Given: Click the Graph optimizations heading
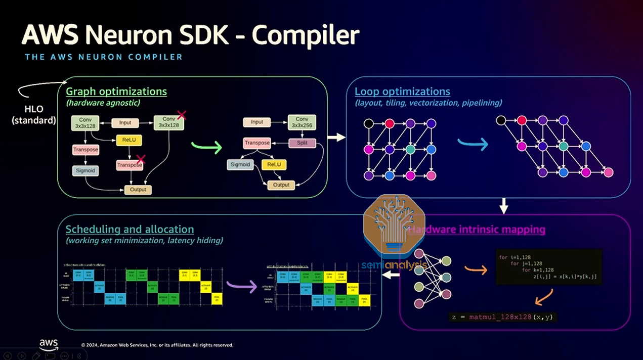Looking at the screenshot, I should pos(116,92).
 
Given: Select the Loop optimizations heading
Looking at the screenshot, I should pos(402,92).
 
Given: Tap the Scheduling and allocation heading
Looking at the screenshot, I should pos(130,230).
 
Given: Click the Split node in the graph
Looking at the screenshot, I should pos(302,143).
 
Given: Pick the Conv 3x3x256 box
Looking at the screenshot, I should pos(302,122).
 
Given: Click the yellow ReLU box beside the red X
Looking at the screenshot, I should pos(129,140).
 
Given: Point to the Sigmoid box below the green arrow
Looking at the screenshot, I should pos(240,164).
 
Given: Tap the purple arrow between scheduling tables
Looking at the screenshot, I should pos(241,286).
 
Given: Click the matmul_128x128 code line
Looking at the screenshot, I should pos(503,317).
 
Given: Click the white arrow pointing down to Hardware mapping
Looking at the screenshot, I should pos(503,205).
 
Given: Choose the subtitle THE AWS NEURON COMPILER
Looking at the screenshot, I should pos(104,57).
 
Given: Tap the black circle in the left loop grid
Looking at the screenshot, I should pos(369,123).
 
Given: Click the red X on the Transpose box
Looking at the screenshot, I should pos(141,159).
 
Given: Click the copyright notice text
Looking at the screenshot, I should pos(157,345).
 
